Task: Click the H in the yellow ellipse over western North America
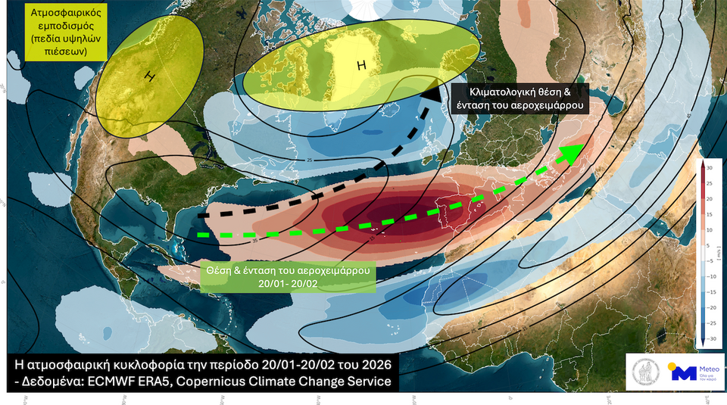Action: click(x=150, y=76)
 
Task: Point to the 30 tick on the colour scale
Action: click(x=710, y=167)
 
